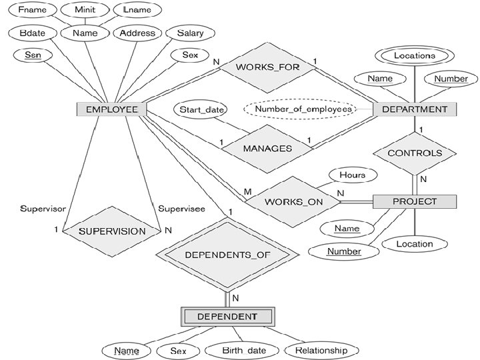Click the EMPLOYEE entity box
[111, 109]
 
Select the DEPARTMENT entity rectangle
[415, 109]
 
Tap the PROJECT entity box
[415, 201]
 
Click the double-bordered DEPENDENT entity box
[227, 317]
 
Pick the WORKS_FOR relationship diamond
[267, 67]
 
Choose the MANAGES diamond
[267, 149]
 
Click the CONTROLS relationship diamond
[415, 153]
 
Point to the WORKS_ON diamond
[293, 202]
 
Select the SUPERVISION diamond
[112, 231]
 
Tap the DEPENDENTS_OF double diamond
[227, 255]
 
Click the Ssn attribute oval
[33, 55]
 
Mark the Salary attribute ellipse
[191, 33]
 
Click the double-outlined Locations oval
[415, 56]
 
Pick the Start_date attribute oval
[201, 109]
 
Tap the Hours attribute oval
[353, 175]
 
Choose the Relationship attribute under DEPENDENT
[321, 351]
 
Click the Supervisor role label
[43, 209]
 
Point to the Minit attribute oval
[85, 10]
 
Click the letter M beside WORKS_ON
[247, 192]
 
